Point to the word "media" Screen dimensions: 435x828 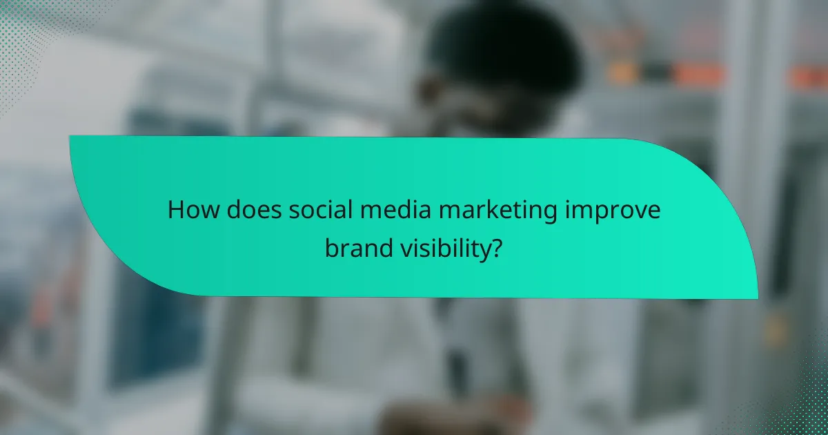pos(382,211)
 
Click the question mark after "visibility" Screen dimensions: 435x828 pos(496,249)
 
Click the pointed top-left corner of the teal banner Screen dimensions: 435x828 pos(71,137)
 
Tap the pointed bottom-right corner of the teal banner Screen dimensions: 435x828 pos(756,298)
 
